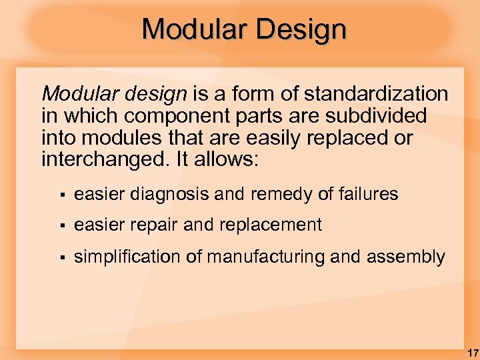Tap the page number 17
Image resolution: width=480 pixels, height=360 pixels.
pyautogui.click(x=472, y=352)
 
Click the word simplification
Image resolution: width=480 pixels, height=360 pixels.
pyautogui.click(x=127, y=257)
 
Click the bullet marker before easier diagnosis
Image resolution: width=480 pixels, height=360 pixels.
pyautogui.click(x=61, y=195)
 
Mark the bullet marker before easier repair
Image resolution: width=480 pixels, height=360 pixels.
pyautogui.click(x=61, y=226)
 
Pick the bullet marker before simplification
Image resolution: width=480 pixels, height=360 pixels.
pyautogui.click(x=61, y=257)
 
